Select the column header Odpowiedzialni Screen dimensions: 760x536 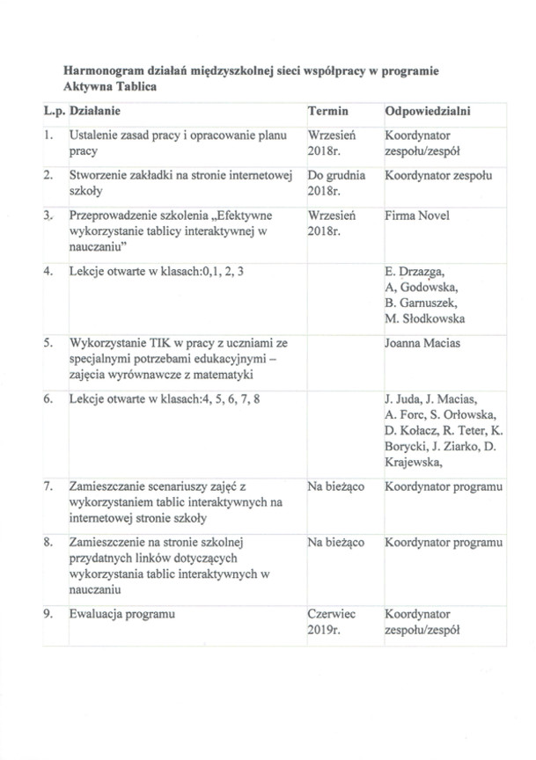pos(427,113)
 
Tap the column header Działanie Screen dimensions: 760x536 pos(94,113)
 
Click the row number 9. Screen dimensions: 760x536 pos(48,614)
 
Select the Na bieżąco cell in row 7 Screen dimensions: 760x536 pos(336,486)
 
